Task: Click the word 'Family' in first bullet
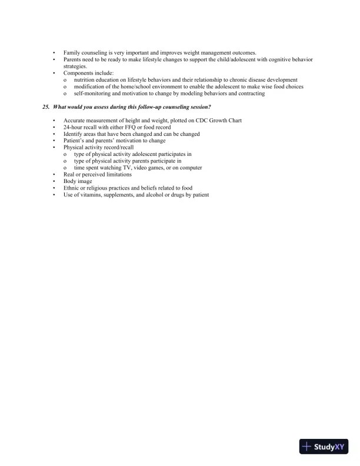coord(72,53)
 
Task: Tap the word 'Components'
coord(78,73)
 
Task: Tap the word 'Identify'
coord(73,134)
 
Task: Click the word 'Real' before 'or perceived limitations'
coord(69,175)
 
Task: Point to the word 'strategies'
coord(75,66)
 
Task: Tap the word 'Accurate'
coord(75,121)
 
